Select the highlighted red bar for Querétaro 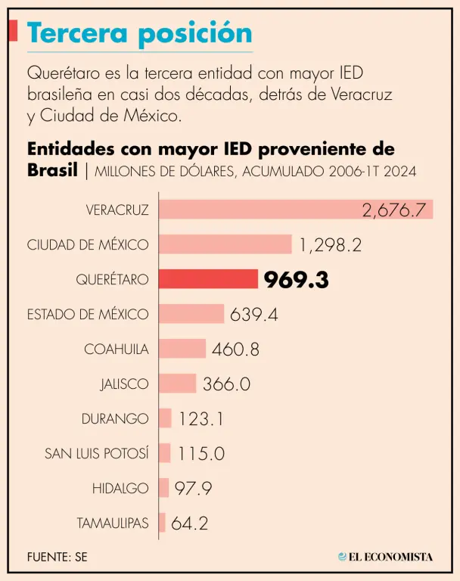pos(209,279)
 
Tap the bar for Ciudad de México pos(225,244)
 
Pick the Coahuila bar pos(182,349)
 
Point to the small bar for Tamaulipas pos(162,523)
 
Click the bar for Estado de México pos(191,314)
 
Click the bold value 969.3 pos(296,280)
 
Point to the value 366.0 pos(226,384)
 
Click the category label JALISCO pos(124,384)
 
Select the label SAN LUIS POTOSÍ pos(97,453)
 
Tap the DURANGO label pos(115,418)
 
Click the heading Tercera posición pos(139,33)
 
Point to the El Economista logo pos(386,557)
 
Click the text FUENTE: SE pos(57,557)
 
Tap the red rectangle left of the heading pos(13,31)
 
